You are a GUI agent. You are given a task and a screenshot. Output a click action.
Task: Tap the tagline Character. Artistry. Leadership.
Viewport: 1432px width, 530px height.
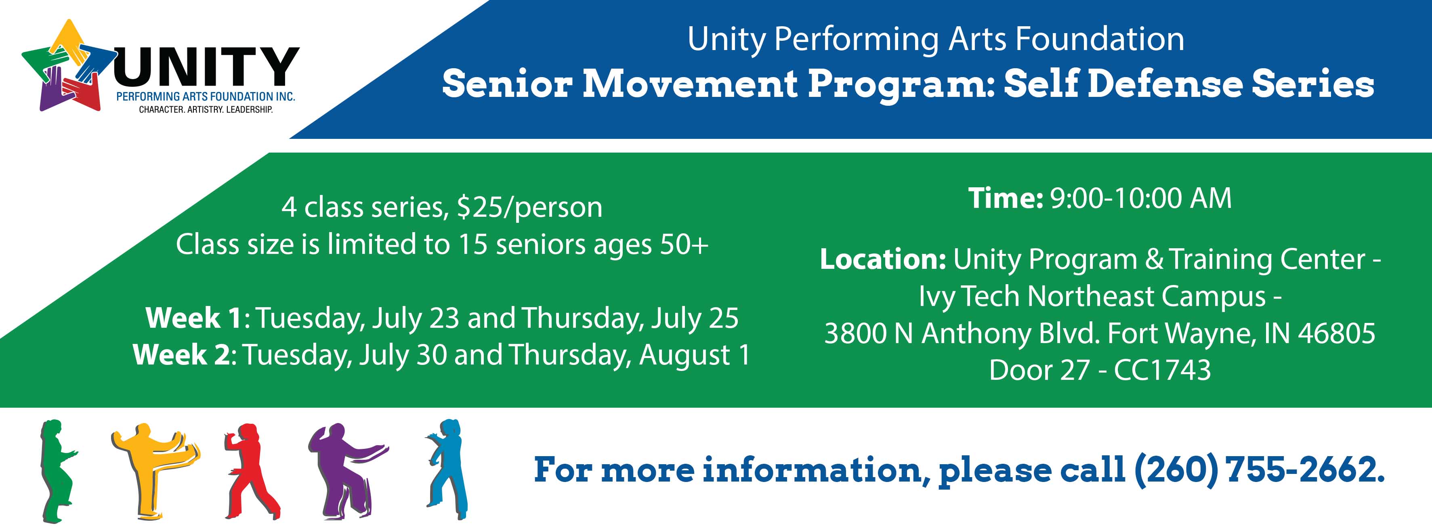[206, 109]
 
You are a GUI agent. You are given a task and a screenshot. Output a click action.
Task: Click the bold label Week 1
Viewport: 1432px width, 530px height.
[193, 318]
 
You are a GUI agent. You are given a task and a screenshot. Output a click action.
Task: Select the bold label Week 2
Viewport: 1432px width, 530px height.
[181, 355]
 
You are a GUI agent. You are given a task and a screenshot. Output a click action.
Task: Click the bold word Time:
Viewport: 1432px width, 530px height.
[1005, 198]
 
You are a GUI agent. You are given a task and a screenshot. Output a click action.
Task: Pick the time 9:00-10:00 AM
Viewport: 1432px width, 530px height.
[1141, 198]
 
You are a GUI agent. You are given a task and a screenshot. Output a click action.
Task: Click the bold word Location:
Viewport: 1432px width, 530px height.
[883, 260]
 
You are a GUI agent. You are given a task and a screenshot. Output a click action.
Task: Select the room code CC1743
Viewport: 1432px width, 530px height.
[1162, 371]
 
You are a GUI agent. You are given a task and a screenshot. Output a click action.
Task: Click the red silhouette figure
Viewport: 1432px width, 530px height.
[252, 471]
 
